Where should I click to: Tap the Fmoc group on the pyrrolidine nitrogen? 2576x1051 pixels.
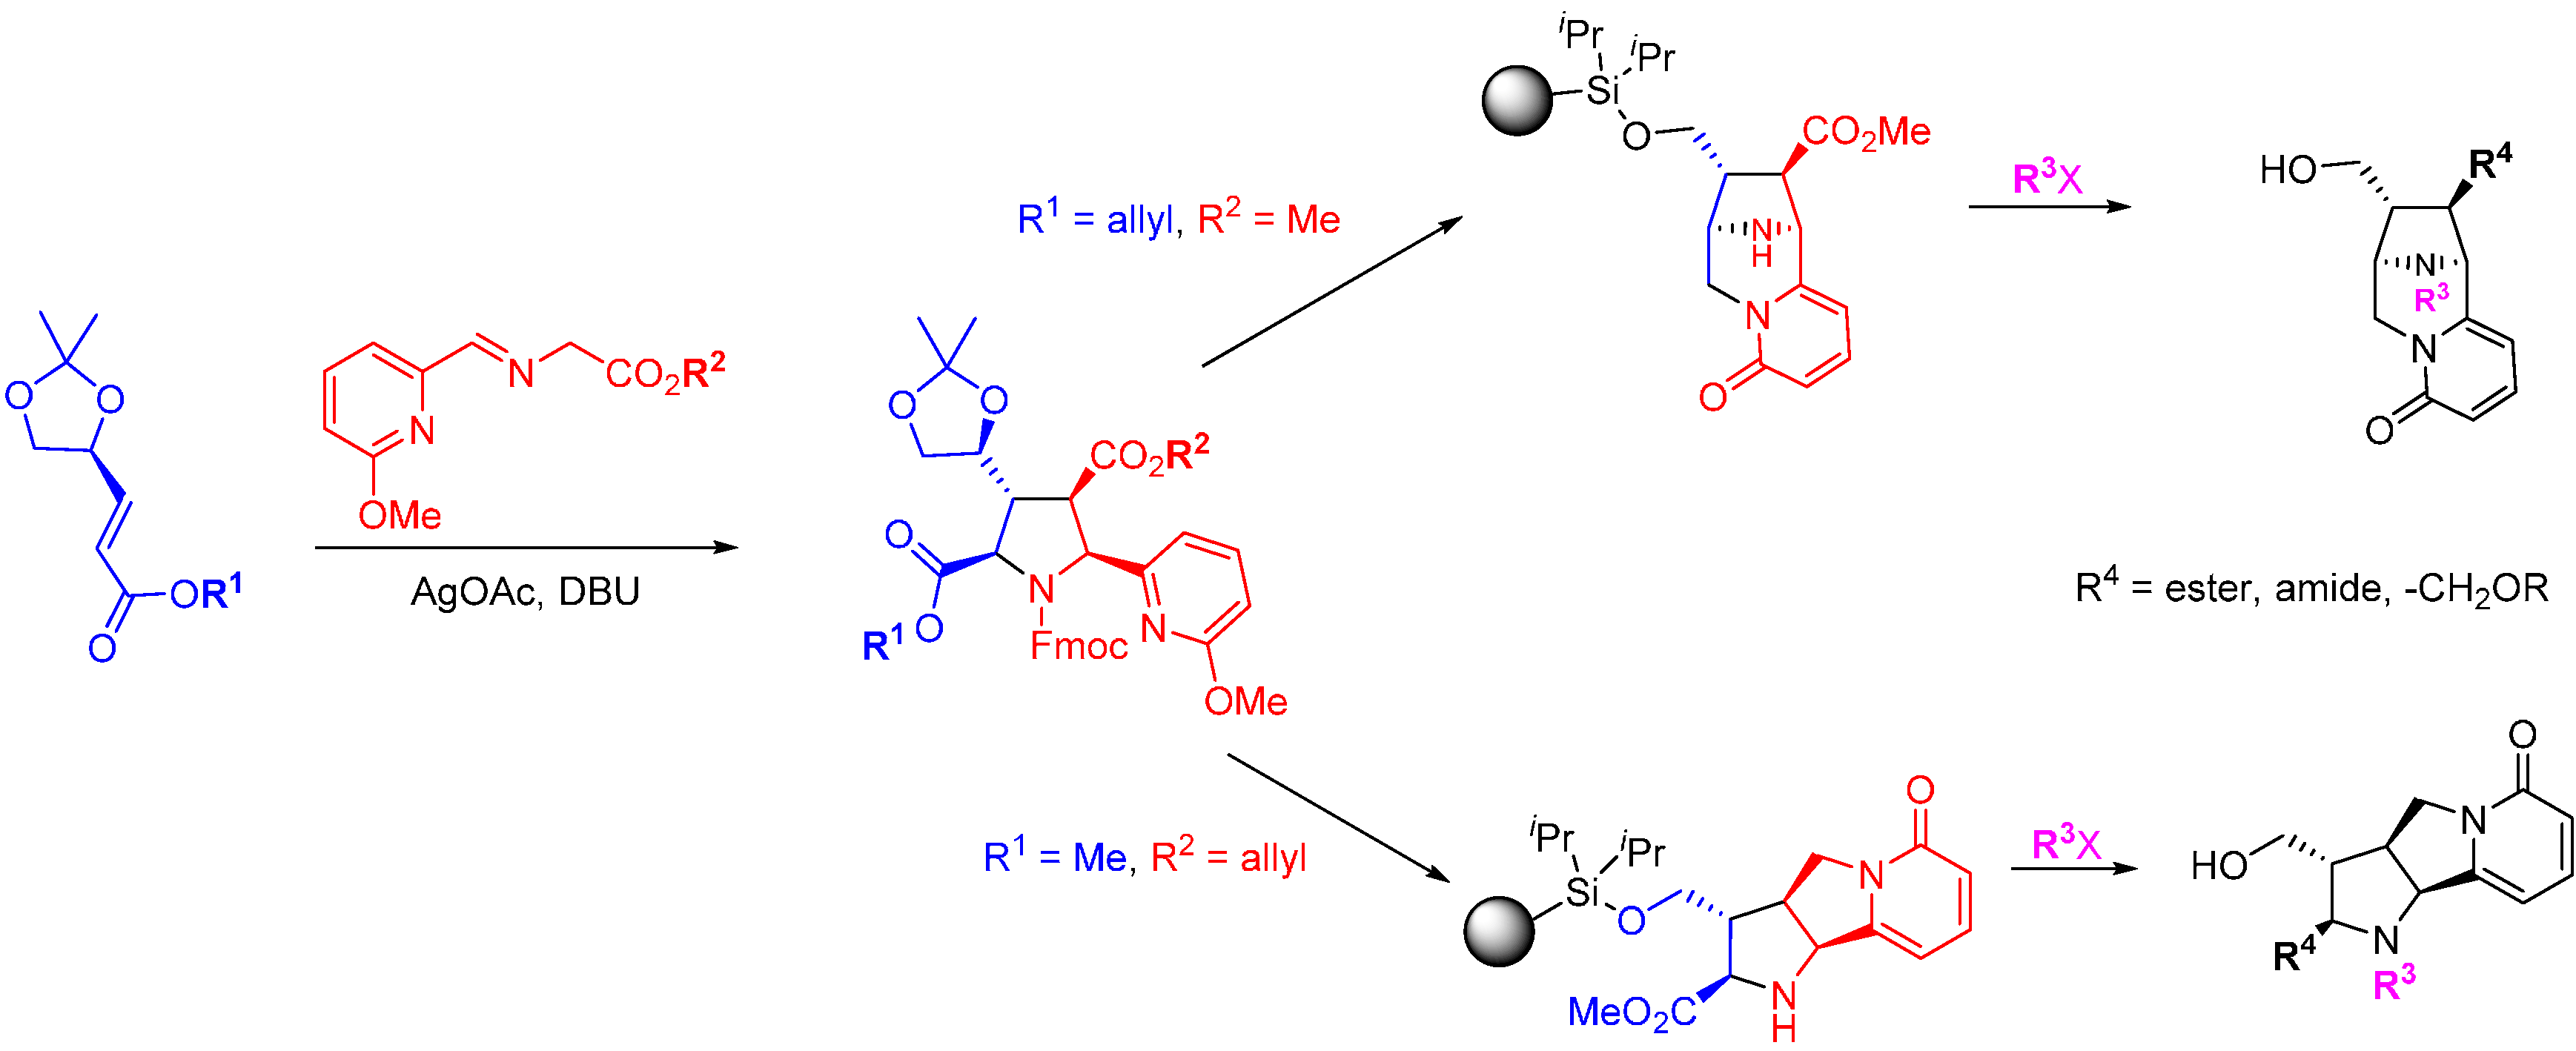1078,646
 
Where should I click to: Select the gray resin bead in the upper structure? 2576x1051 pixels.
1517,100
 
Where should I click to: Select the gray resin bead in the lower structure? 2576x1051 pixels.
1499,931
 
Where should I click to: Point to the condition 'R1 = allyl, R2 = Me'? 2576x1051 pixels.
1178,217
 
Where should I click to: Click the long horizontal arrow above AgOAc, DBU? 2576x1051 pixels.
525,547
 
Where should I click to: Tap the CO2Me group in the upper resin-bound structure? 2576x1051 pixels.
1866,132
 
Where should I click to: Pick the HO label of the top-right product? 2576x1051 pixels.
2288,170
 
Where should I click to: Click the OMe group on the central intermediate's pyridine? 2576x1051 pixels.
1245,701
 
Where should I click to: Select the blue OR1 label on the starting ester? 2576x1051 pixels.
205,593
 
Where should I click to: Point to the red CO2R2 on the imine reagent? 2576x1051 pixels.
665,373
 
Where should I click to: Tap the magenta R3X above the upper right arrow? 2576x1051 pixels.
2047,179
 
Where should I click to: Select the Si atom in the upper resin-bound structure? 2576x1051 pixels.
1602,90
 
